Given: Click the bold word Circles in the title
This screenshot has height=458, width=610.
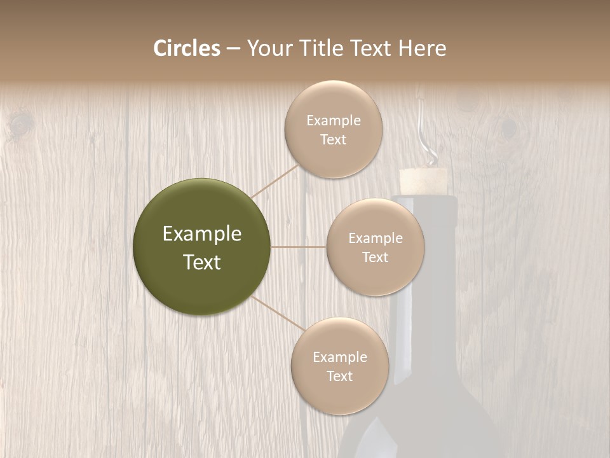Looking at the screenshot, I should click(x=187, y=48).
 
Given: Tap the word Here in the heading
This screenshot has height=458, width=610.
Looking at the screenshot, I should click(x=422, y=48).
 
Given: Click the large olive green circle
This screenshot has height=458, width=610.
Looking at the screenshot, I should click(x=202, y=247).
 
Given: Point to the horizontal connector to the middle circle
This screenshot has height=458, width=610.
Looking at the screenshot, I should click(x=299, y=247).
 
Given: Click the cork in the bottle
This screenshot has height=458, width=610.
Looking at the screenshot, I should click(x=422, y=181).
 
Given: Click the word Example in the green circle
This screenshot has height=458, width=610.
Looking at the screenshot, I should click(x=202, y=234).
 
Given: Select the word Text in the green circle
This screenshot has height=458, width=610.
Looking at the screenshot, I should click(x=202, y=262).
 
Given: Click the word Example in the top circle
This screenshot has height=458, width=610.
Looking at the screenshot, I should click(x=334, y=121).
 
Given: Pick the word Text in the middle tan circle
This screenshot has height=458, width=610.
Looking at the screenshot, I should click(x=375, y=257).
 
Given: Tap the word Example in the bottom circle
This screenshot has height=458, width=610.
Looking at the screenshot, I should click(x=340, y=357).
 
